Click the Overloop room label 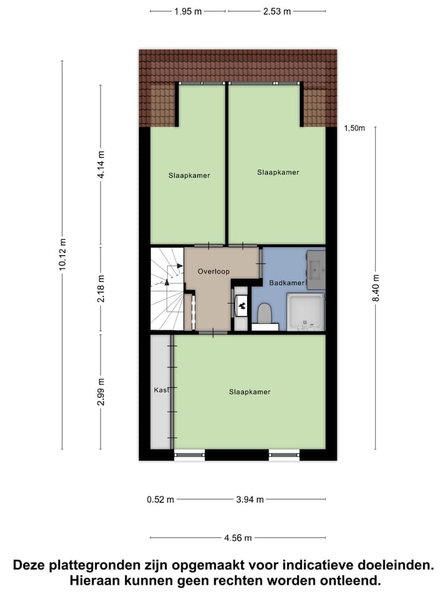coord(214,271)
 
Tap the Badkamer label coord(287,283)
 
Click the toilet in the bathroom coord(264,314)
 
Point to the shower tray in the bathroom coord(305,312)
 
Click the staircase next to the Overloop coord(166,289)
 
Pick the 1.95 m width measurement coord(188,11)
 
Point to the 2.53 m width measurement coord(276,11)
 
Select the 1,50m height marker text coord(354,129)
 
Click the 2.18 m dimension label coord(101,290)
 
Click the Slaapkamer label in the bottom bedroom coord(250,392)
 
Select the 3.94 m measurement coord(250,499)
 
